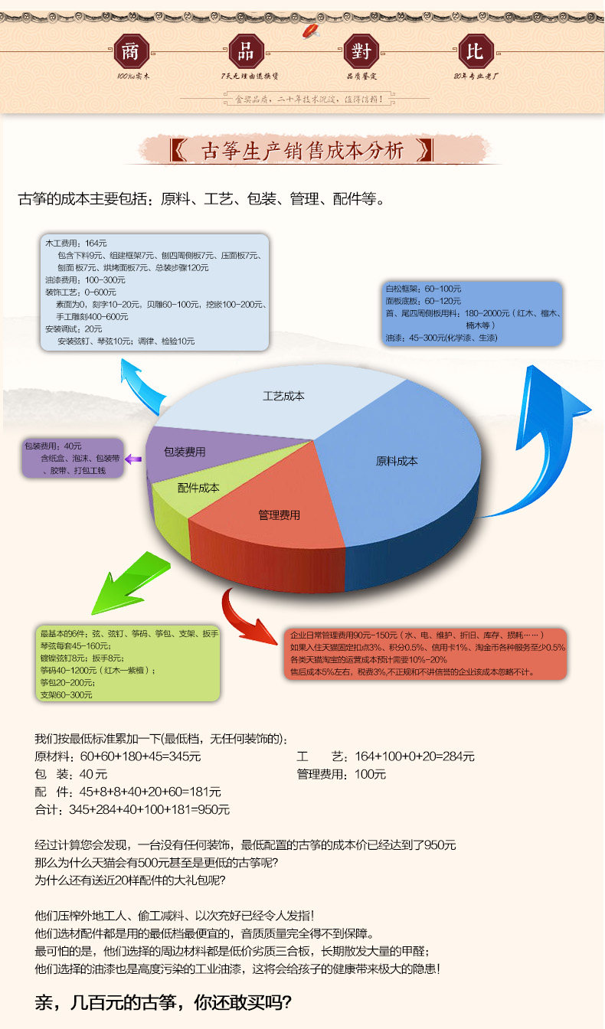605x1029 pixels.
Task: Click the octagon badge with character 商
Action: point(129,51)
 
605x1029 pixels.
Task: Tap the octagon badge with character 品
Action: point(246,51)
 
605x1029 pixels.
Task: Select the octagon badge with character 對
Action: point(360,51)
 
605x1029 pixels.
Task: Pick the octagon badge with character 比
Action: point(475,51)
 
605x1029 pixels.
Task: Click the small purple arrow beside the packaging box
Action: point(133,459)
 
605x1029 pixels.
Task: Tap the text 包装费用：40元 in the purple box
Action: point(53,446)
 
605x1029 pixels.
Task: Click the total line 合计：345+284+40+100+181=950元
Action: point(132,809)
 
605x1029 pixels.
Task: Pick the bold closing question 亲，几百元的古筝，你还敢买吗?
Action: point(164,1001)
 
